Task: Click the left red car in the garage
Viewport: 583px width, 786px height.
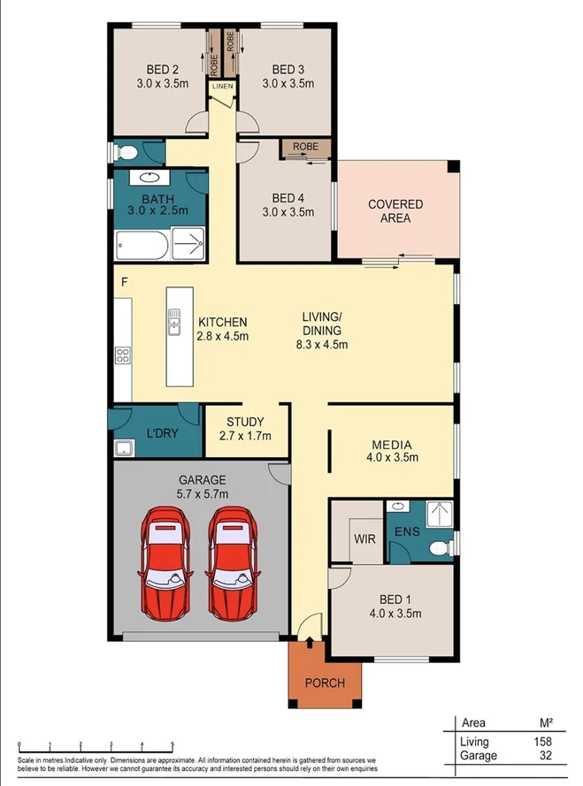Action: click(165, 563)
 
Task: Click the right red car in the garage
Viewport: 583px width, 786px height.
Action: click(234, 563)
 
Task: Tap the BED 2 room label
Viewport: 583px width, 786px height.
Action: click(163, 70)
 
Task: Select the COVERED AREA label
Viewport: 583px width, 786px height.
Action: click(395, 210)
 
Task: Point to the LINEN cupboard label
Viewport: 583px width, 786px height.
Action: click(222, 87)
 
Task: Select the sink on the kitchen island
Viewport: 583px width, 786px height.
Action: click(175, 316)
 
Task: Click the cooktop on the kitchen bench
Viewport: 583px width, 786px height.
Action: click(122, 356)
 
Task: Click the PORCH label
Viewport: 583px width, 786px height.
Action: click(325, 683)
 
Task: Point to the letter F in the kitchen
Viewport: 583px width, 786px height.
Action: click(125, 282)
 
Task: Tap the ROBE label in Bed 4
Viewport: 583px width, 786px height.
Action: click(305, 148)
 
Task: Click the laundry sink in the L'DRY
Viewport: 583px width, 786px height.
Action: click(122, 448)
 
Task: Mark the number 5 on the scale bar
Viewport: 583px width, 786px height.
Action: click(172, 744)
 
